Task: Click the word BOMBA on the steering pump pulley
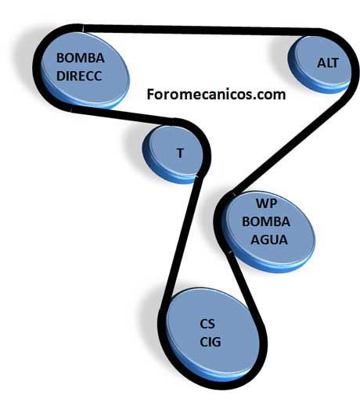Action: coord(81,58)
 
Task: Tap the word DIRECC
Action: coord(79,76)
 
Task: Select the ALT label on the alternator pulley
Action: coord(328,63)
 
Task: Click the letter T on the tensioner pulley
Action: coord(180,152)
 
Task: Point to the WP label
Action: coord(266,203)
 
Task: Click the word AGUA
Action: coord(269,240)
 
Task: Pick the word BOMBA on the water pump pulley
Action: coord(266,222)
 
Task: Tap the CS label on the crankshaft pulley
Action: coord(207,324)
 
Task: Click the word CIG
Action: coord(211,343)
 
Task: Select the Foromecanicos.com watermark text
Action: coord(216,95)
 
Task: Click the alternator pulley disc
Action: coord(319,64)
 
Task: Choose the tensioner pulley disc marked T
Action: coord(173,154)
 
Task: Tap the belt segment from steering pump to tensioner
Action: coord(123,116)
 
